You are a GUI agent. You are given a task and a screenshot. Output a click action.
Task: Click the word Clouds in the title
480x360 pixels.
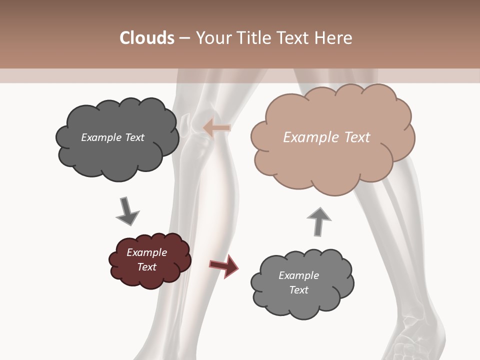pyautogui.click(x=146, y=38)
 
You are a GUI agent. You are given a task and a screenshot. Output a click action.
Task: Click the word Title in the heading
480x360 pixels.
pyautogui.click(x=254, y=38)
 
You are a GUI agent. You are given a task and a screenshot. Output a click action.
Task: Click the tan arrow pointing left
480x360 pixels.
pyautogui.click(x=217, y=128)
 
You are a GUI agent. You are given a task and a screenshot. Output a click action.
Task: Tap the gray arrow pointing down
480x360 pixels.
pyautogui.click(x=127, y=210)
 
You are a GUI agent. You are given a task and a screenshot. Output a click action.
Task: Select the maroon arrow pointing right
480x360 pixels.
pyautogui.click(x=223, y=265)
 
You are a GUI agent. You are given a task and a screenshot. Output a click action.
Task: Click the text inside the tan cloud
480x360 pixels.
pyautogui.click(x=326, y=137)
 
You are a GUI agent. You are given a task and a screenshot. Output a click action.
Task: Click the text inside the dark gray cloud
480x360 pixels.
pyautogui.click(x=112, y=137)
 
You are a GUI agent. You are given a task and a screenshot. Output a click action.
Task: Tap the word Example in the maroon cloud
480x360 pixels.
pyautogui.click(x=146, y=252)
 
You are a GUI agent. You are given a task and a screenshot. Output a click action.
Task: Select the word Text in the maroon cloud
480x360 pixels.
pyautogui.click(x=146, y=267)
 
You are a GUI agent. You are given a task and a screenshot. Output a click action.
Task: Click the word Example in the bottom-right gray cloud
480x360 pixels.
pyautogui.click(x=298, y=275)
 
